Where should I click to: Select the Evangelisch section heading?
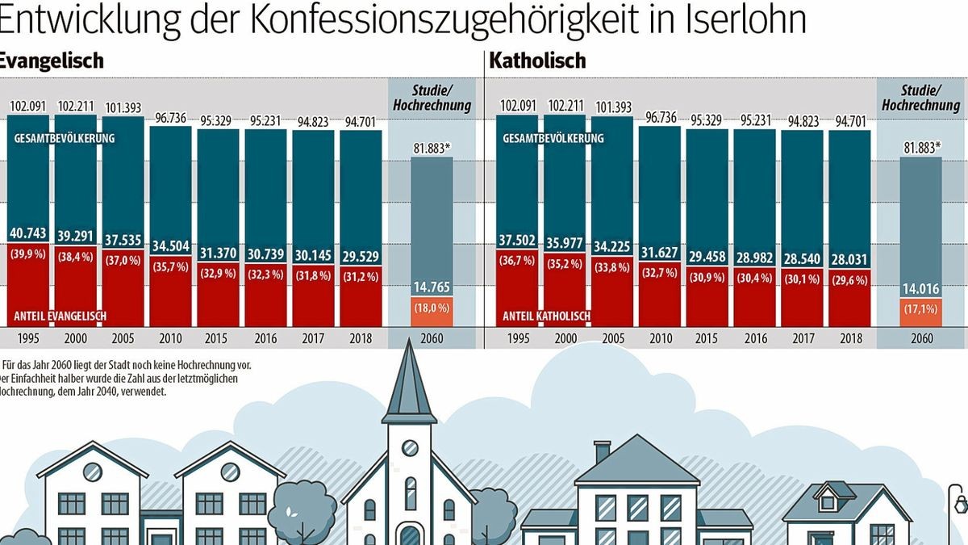(50, 61)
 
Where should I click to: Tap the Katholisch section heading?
(537, 61)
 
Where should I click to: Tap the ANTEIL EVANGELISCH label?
(61, 316)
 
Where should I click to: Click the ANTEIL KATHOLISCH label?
(547, 316)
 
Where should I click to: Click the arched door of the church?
(410, 535)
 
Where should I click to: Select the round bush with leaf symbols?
(306, 509)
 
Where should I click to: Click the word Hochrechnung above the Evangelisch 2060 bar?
(431, 106)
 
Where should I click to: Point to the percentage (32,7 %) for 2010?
(659, 273)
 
